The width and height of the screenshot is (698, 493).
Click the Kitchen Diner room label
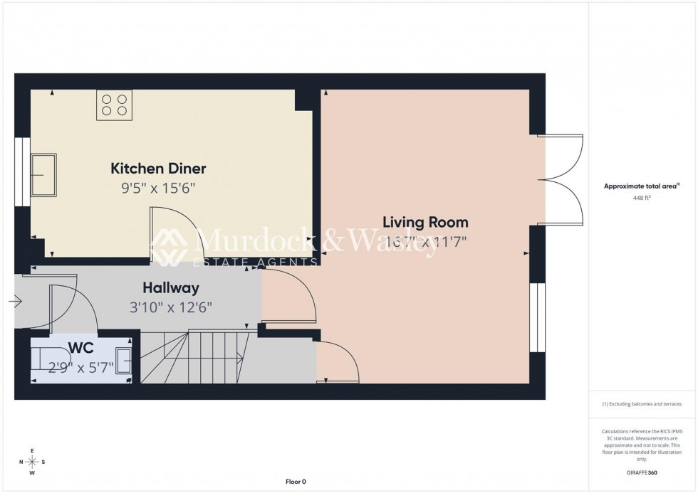158,169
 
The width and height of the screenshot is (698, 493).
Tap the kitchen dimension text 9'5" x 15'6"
158,189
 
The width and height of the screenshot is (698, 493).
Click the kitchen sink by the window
45,174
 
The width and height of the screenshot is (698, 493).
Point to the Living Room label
425,221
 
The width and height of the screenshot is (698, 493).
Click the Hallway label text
170,288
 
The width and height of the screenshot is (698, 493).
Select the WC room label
80,348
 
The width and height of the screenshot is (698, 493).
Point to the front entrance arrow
15,302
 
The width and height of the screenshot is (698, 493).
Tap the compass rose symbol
32,462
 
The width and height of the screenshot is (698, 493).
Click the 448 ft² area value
642,198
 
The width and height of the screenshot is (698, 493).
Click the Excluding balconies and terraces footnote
642,404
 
